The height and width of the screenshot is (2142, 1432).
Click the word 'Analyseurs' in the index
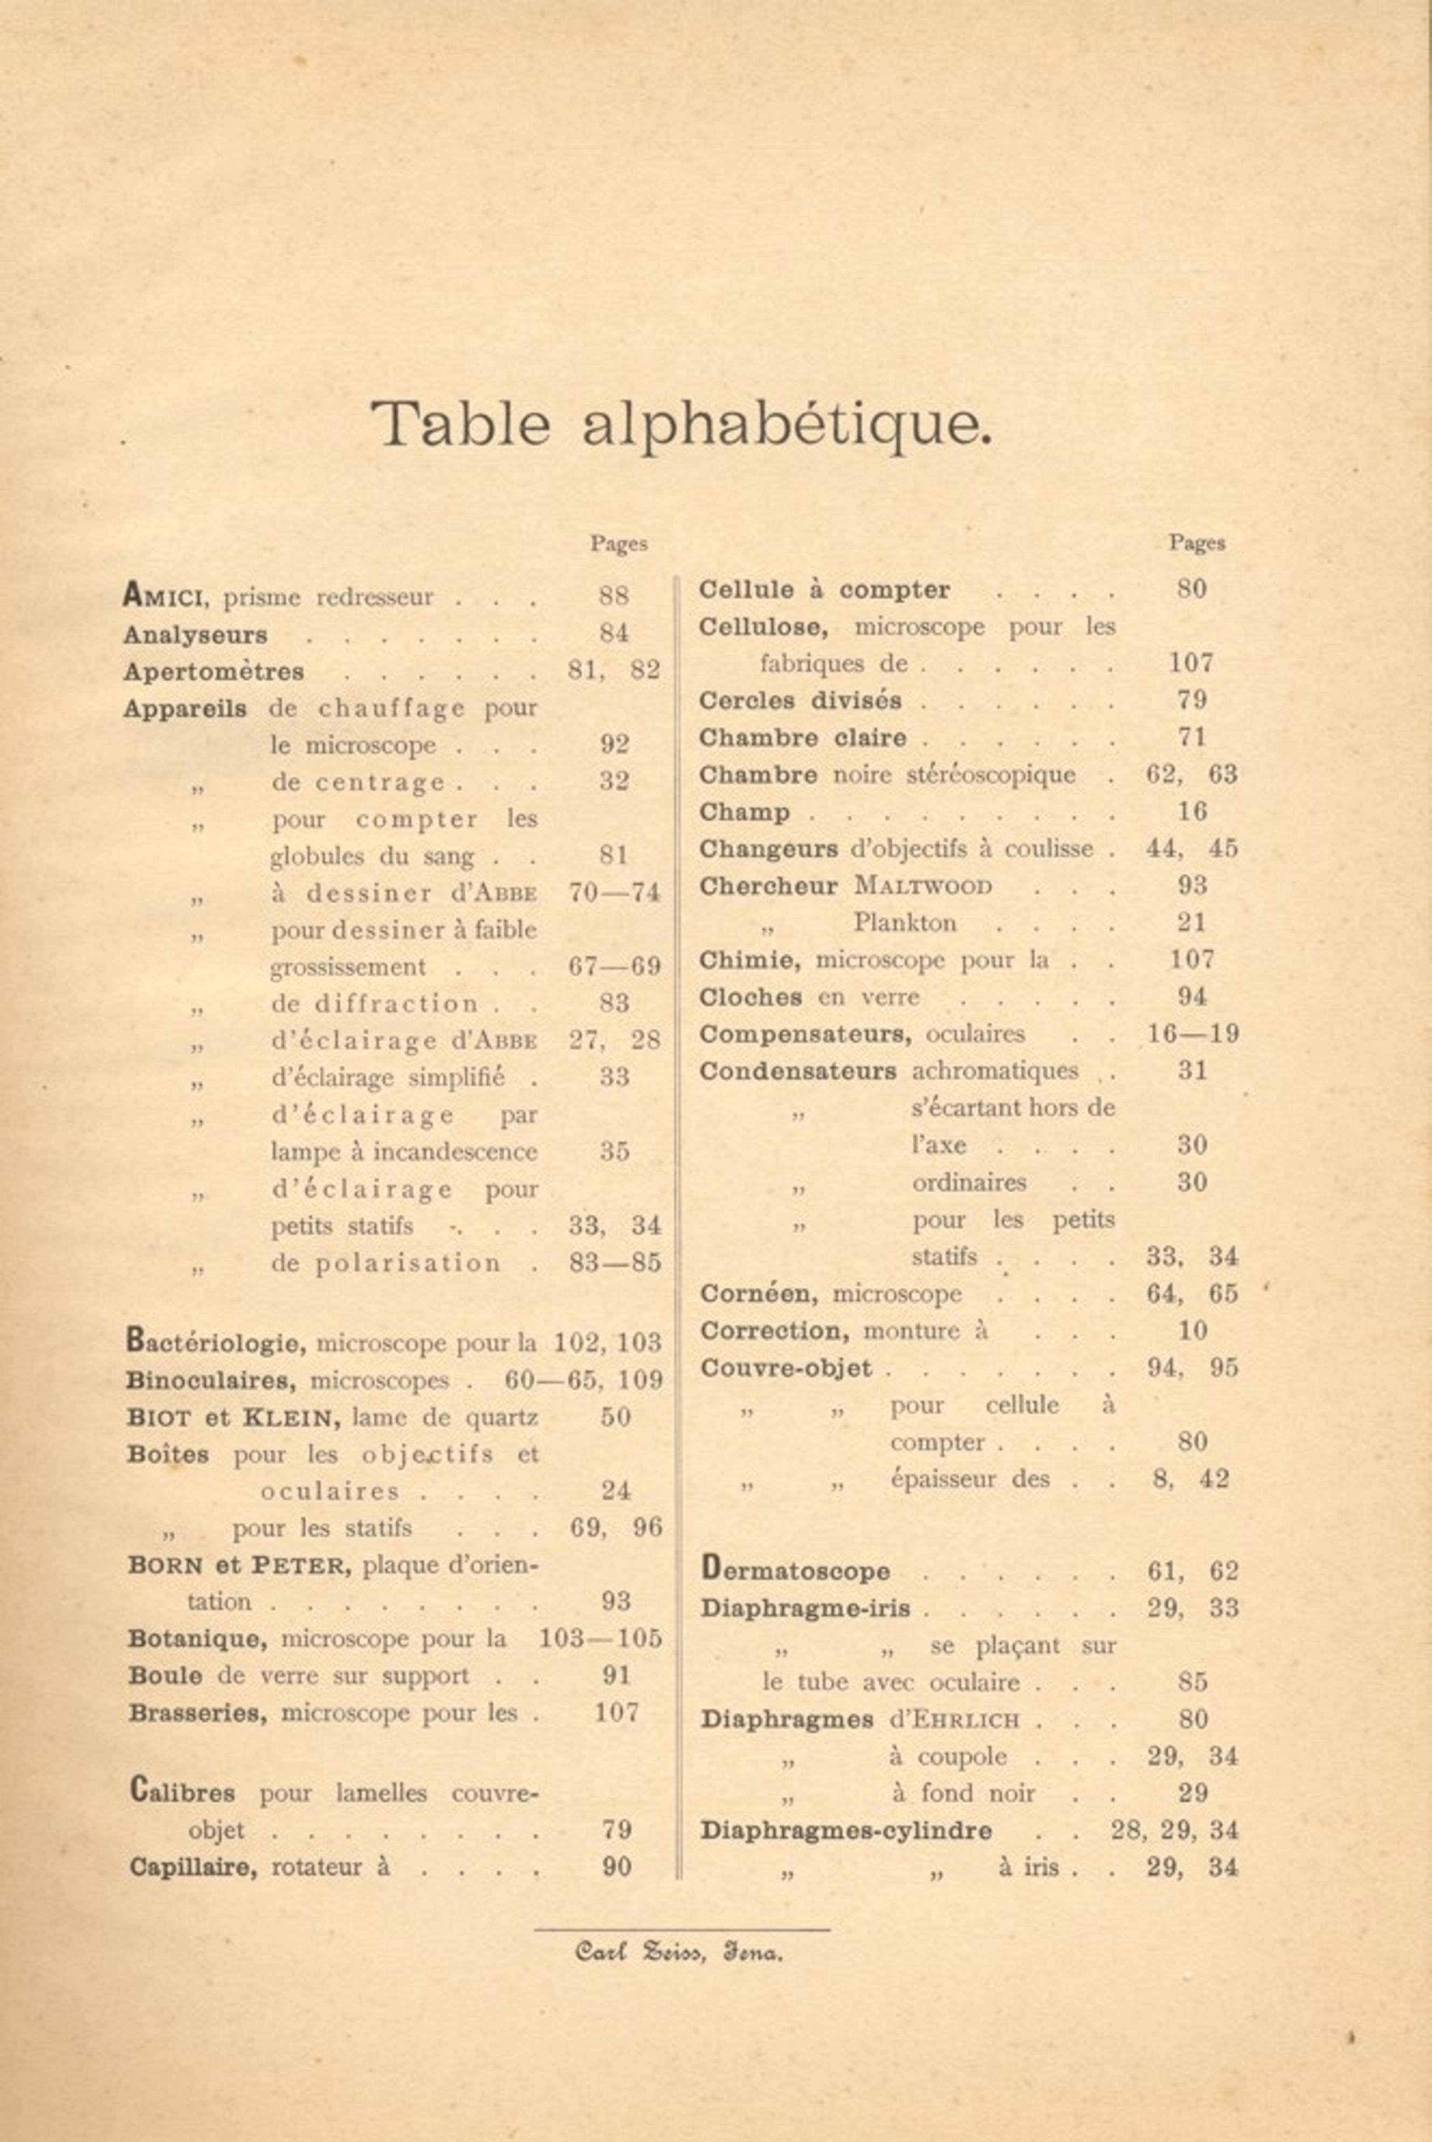coord(195,634)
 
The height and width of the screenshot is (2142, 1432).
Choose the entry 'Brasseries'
coord(198,1713)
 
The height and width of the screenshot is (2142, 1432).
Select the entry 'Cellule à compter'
coord(824,590)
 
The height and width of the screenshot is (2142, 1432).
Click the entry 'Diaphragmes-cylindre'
coord(846,1830)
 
